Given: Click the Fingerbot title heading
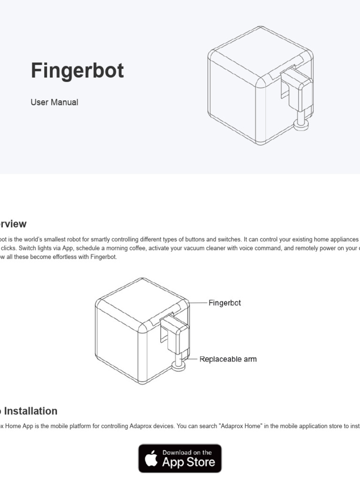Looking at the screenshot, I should [77, 71].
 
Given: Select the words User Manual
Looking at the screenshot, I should [54, 102].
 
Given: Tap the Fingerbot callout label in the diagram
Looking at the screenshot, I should [225, 303].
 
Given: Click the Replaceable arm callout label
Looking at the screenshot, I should [228, 360].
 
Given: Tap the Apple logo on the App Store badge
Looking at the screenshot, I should [151, 459].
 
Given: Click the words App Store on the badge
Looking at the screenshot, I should [188, 462].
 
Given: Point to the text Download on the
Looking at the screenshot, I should [187, 452].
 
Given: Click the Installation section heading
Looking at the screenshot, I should [30, 411].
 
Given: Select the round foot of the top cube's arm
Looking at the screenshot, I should [300, 125].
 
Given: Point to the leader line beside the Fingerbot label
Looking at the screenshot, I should [199, 303].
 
